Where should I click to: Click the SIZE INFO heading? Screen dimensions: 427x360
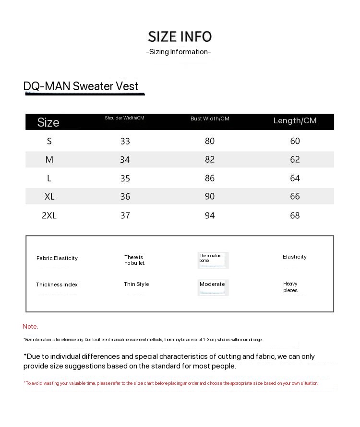[x=180, y=36]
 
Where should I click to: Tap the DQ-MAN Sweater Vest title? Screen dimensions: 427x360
[x=81, y=86]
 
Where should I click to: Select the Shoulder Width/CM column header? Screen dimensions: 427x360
[x=124, y=118]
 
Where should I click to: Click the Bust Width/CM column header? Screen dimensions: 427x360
[x=210, y=119]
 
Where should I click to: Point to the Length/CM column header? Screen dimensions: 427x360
[x=295, y=120]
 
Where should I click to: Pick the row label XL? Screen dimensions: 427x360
[x=49, y=197]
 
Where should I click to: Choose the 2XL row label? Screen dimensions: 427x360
[x=49, y=215]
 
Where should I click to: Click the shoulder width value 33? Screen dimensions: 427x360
[x=125, y=141]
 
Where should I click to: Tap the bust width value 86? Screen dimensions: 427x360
[x=210, y=178]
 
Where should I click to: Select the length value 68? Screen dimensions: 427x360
[x=295, y=215]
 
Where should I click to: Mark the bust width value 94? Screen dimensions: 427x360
[x=210, y=215]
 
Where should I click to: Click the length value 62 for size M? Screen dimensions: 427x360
[x=295, y=159]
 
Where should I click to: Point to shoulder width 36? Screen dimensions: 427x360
[x=125, y=197]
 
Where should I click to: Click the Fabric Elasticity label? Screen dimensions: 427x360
[x=57, y=258]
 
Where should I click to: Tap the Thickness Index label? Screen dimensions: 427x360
[x=57, y=285]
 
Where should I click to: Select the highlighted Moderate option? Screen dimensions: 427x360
[x=212, y=285]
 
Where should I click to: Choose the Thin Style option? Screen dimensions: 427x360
[x=136, y=284]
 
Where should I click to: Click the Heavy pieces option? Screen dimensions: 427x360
[x=290, y=287]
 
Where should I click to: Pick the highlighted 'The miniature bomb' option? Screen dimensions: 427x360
[x=211, y=258]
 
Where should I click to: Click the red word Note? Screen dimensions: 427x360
[x=30, y=326]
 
